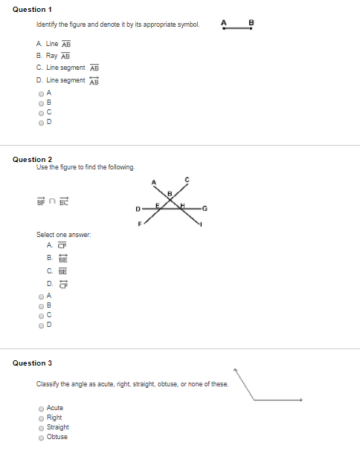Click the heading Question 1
tap(32, 9)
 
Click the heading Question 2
tap(32, 159)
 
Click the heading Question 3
tap(32, 363)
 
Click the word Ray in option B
tap(51, 55)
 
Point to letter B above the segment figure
tap(251, 22)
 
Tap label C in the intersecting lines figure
tap(187, 179)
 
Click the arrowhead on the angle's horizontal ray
tap(300, 400)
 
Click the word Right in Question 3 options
tap(54, 418)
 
